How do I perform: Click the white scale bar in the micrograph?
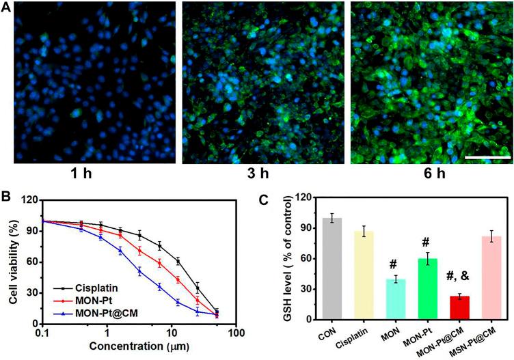[488, 156]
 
